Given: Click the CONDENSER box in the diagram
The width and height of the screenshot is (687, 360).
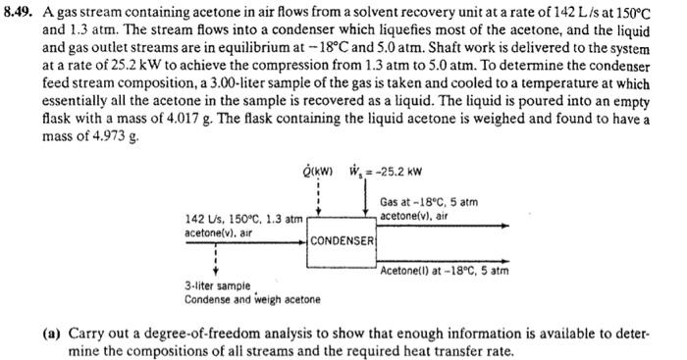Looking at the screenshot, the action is [x=343, y=240].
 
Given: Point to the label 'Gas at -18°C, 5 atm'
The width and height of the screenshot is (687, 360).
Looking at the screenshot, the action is [x=428, y=202].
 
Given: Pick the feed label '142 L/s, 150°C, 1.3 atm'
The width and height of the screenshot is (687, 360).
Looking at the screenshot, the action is [x=242, y=218].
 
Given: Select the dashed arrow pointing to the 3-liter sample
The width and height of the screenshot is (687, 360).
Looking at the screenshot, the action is [x=215, y=260].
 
